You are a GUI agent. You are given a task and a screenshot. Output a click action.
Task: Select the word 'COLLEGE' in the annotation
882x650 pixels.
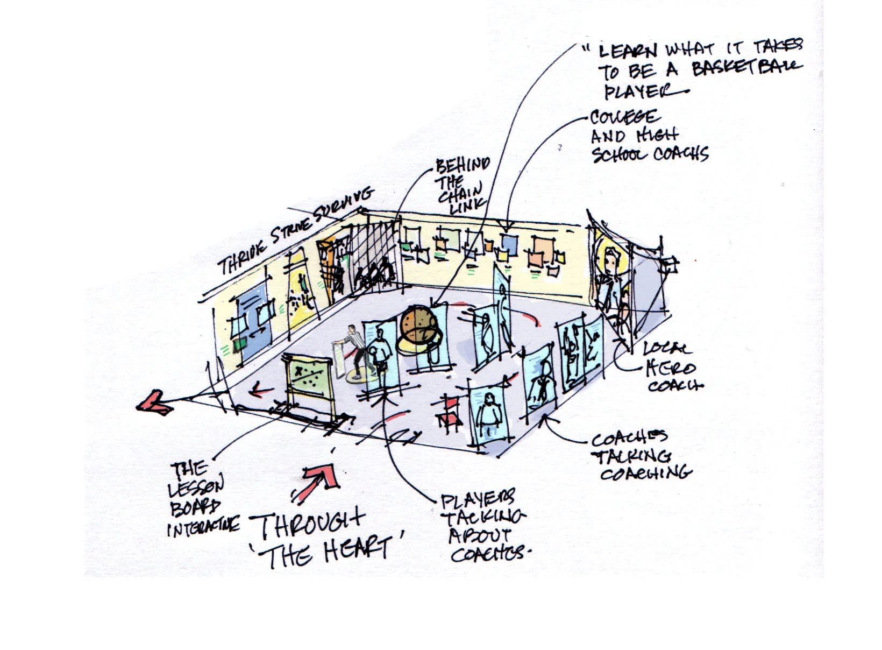point(624,117)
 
